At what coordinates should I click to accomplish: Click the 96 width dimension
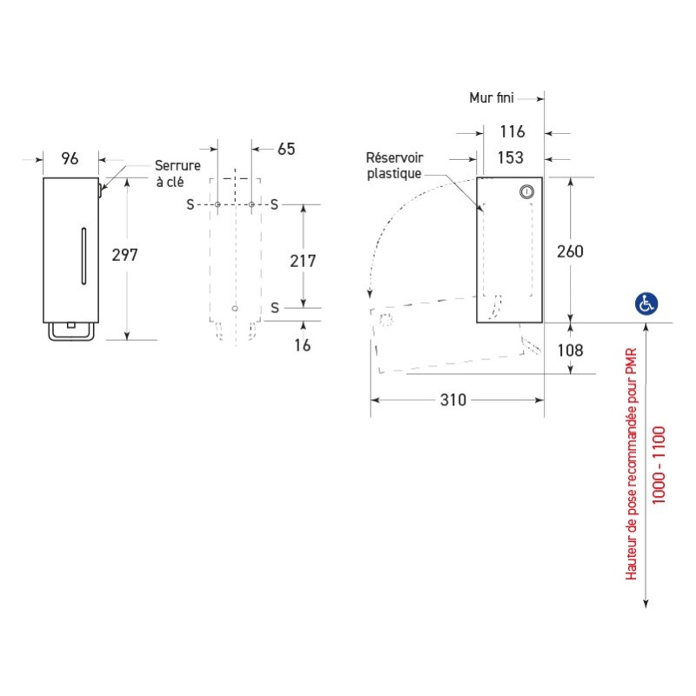coord(70,158)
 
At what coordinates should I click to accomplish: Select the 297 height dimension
coord(126,255)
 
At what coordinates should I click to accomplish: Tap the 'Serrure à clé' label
coord(177,173)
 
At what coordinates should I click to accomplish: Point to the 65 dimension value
coord(285,149)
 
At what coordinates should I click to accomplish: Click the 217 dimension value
coord(302,261)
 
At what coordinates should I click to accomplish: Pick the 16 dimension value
coord(302,345)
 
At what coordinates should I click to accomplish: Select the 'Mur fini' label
coord(492,97)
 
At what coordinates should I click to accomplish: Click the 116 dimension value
coord(513,132)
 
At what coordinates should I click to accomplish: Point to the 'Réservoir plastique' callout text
coord(393,165)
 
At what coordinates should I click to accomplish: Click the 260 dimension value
coord(570,251)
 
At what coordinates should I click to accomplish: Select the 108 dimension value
coord(570,350)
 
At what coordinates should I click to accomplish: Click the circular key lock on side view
coord(525,191)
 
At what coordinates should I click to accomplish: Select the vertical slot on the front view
coord(83,256)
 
